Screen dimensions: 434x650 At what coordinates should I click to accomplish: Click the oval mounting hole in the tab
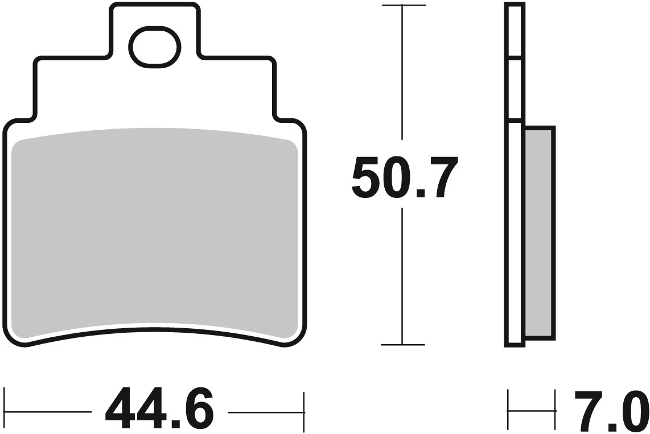pos(154,47)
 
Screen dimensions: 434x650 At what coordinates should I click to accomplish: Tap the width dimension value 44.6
pos(159,410)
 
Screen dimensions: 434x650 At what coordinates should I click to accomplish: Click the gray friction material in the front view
pos(155,233)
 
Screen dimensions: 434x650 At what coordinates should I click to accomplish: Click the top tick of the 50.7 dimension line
pos(403,6)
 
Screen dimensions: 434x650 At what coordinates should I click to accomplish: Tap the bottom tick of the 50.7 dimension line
pos(403,344)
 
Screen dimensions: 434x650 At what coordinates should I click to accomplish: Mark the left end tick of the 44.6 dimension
pos(5,410)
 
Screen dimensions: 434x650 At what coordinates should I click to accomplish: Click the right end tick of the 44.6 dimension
pos(305,410)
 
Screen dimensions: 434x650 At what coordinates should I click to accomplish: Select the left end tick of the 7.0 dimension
pos(508,410)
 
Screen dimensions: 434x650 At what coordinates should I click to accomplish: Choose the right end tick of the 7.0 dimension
pos(555,410)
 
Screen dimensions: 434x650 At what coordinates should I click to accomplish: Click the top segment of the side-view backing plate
pos(513,31)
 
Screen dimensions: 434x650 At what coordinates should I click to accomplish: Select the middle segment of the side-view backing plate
pos(513,89)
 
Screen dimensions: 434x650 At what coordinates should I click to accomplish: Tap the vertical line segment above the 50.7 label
pos(403,74)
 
